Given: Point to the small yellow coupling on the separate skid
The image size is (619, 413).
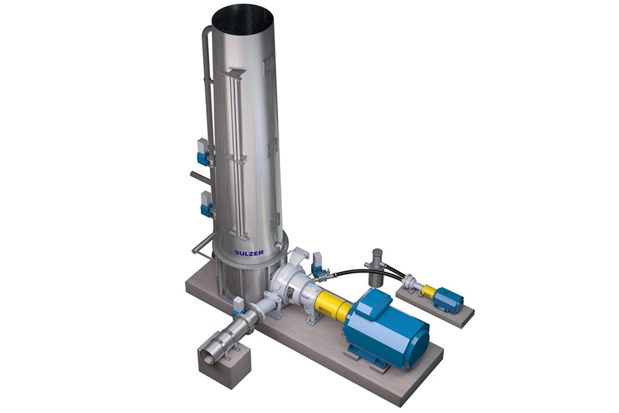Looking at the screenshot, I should (x=429, y=291).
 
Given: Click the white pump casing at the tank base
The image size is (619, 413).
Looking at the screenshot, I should (x=291, y=284).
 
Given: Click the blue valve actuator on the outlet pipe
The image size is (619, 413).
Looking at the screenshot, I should (x=239, y=305).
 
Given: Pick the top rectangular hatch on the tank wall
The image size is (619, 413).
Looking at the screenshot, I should (x=266, y=69).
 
